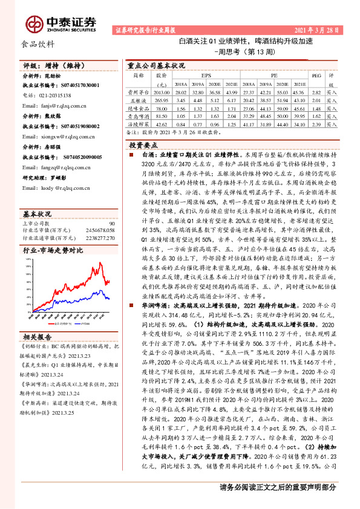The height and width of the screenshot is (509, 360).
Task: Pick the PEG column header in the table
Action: click(316, 76)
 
